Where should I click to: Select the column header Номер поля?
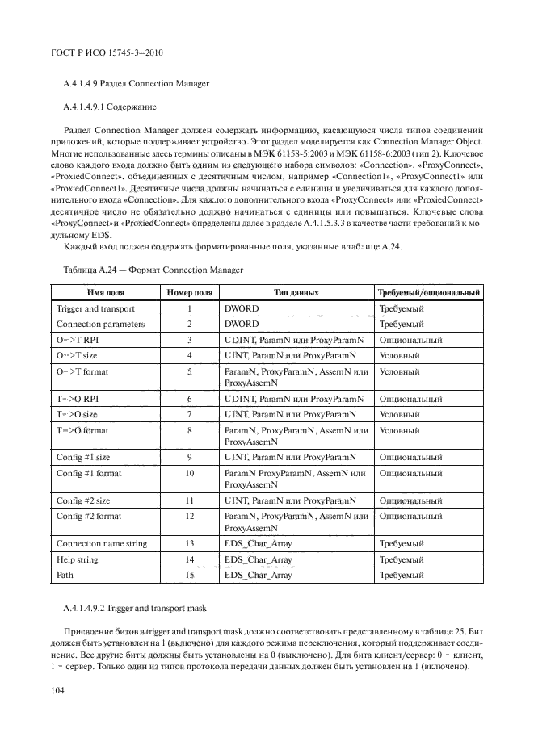click(190, 292)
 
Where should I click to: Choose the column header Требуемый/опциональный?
click(429, 292)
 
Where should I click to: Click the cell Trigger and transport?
click(95, 308)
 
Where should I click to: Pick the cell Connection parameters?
click(100, 324)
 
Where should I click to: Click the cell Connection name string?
click(102, 543)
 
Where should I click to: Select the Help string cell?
click(77, 559)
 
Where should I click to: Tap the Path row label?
click(65, 575)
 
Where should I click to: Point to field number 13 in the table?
click(190, 543)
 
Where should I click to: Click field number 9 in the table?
click(190, 456)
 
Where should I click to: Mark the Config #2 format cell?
click(89, 516)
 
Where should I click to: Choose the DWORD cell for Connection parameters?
click(239, 324)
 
